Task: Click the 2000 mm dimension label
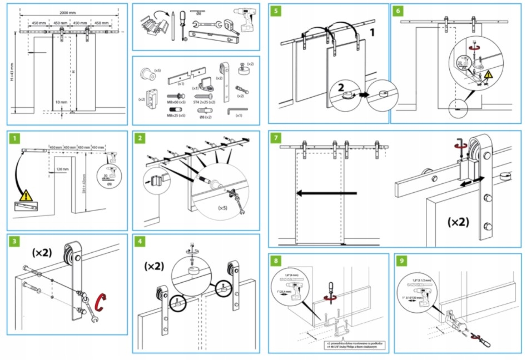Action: pos(67,13)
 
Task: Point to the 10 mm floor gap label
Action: pos(62,102)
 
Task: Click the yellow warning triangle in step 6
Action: pos(488,74)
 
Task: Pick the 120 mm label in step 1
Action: pos(62,169)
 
